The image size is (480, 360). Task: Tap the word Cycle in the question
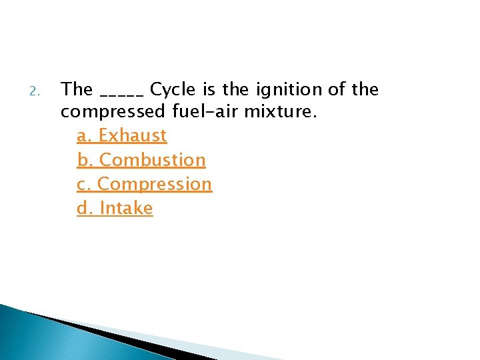pos(171,89)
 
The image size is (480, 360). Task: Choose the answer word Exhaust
pos(133,135)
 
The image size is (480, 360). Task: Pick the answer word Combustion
pos(153,160)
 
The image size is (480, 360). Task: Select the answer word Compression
pos(155,184)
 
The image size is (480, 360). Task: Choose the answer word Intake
pos(126,208)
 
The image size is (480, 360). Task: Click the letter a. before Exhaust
pos(85,135)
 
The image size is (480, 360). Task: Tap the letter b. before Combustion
pos(85,160)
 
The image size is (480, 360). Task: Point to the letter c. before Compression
pos(84,184)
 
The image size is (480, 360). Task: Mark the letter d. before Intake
pos(85,208)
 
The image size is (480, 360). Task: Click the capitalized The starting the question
pos(77,89)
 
